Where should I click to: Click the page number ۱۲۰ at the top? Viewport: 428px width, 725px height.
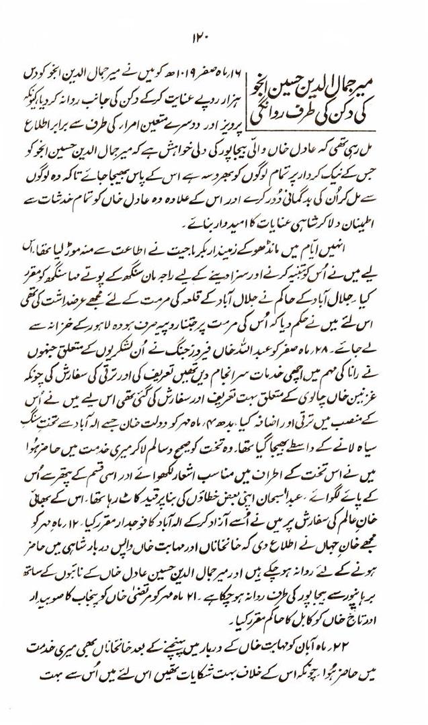214,35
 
